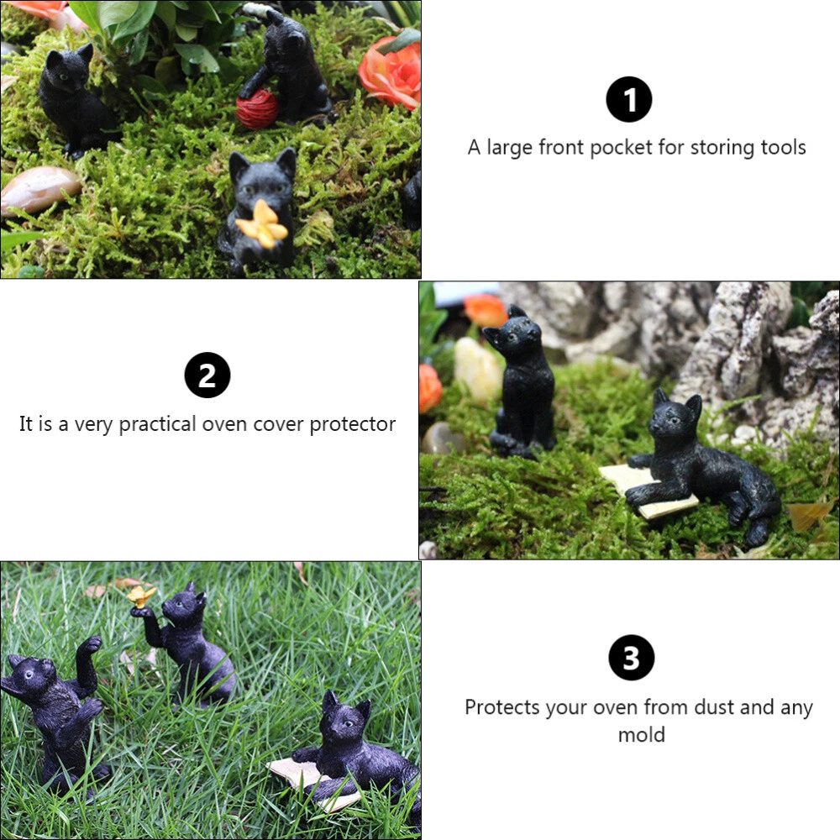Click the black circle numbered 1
pyautogui.click(x=629, y=99)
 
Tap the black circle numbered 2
pyautogui.click(x=207, y=375)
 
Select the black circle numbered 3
pyautogui.click(x=631, y=658)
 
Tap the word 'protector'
pyautogui.click(x=353, y=424)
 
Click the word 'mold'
pyautogui.click(x=641, y=734)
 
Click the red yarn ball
pyautogui.click(x=258, y=108)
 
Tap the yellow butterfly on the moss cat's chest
pyautogui.click(x=262, y=224)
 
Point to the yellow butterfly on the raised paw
pyautogui.click(x=141, y=595)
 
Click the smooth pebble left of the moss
pyautogui.click(x=39, y=189)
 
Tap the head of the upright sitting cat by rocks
pyautogui.click(x=514, y=333)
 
